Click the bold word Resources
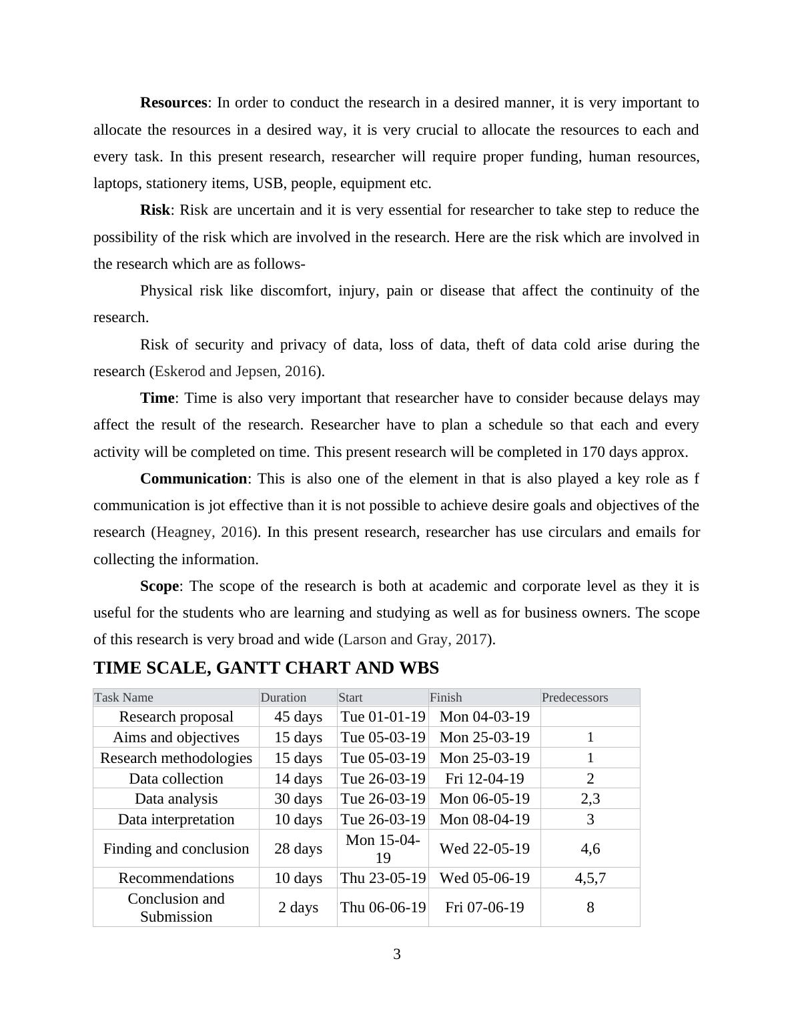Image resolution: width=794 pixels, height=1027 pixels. (x=173, y=103)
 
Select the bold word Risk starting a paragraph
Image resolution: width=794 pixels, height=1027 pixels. (x=155, y=210)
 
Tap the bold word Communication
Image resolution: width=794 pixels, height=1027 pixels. (x=193, y=479)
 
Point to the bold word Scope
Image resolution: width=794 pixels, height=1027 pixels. (x=159, y=586)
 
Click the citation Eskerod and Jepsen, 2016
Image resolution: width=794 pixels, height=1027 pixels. (x=235, y=371)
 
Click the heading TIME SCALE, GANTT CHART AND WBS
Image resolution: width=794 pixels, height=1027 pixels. (x=266, y=668)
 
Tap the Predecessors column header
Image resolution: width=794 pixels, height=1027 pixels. (x=574, y=698)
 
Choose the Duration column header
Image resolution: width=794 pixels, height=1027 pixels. (x=284, y=698)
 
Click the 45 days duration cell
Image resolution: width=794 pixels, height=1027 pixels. (x=298, y=717)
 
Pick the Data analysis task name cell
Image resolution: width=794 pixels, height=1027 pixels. (x=176, y=799)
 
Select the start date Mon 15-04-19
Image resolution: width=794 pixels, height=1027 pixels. (x=383, y=848)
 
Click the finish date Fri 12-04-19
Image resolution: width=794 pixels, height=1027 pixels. (x=484, y=778)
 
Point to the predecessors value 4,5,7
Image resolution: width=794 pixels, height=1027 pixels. (x=590, y=878)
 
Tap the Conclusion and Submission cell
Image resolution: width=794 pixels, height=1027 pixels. (x=176, y=907)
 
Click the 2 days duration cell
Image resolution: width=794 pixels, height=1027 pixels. (x=298, y=907)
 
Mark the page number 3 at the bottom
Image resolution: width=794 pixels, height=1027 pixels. (x=397, y=954)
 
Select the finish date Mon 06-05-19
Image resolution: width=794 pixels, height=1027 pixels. (x=484, y=799)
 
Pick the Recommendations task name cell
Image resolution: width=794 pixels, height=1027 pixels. (x=176, y=878)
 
